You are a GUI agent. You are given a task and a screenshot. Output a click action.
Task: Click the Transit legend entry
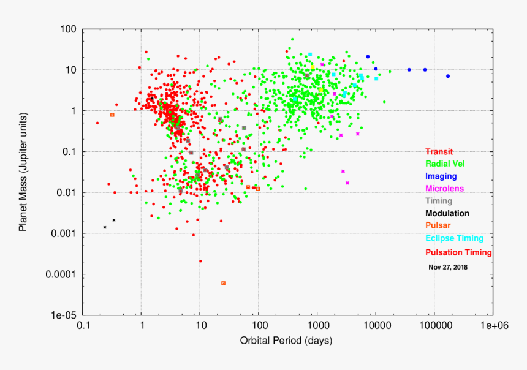[x=440, y=152]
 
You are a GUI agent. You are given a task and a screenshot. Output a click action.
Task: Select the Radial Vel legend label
[x=447, y=164]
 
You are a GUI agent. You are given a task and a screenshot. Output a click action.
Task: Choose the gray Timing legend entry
[x=439, y=201]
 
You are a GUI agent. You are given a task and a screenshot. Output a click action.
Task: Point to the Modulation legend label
[x=447, y=213]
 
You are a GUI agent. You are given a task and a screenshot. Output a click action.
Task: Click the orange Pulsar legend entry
[x=438, y=225]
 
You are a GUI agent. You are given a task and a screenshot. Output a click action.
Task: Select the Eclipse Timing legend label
[x=455, y=238]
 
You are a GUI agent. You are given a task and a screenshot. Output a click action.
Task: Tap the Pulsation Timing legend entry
[x=459, y=252]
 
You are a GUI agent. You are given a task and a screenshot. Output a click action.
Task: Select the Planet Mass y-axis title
[x=23, y=172]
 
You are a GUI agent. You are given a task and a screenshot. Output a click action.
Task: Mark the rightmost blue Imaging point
[x=448, y=76]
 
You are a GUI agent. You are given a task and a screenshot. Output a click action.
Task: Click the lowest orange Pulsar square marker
[x=223, y=283]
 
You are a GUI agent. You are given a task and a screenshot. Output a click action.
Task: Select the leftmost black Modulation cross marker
[x=105, y=227]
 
